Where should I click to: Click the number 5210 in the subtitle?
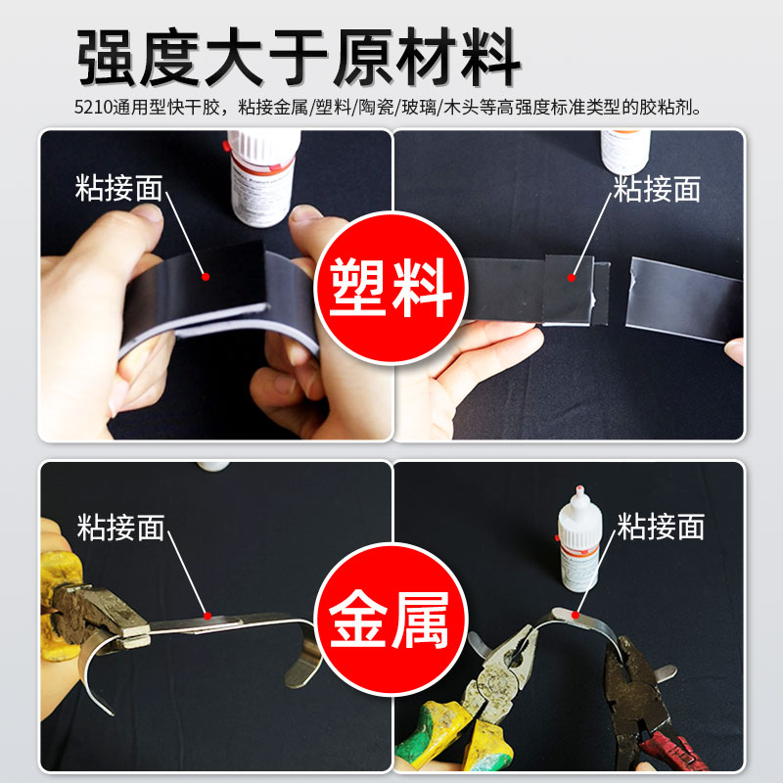click(92, 108)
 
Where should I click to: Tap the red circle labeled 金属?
click(391, 620)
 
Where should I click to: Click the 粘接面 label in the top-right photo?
click(657, 189)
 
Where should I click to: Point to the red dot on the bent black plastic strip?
click(205, 277)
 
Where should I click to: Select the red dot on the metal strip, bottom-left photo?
click(207, 615)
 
